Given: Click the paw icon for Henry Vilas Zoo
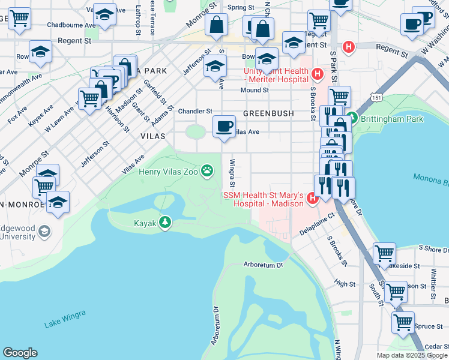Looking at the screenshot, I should coord(208,172).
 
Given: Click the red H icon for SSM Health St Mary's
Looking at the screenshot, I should coord(312,197).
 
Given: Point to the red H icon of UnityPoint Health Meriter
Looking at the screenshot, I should coord(318,74).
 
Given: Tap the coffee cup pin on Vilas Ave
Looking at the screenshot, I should coord(224,127).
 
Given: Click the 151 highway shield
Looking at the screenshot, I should coord(376,97).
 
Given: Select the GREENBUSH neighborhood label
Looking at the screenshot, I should coord(268,113).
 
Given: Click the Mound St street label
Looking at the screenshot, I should coord(255,90).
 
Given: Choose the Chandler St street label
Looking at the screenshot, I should coord(196,111).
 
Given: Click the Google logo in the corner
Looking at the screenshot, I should coord(20,353).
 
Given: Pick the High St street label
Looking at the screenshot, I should coord(345,283).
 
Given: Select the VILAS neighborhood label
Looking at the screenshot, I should coord(152,136).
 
